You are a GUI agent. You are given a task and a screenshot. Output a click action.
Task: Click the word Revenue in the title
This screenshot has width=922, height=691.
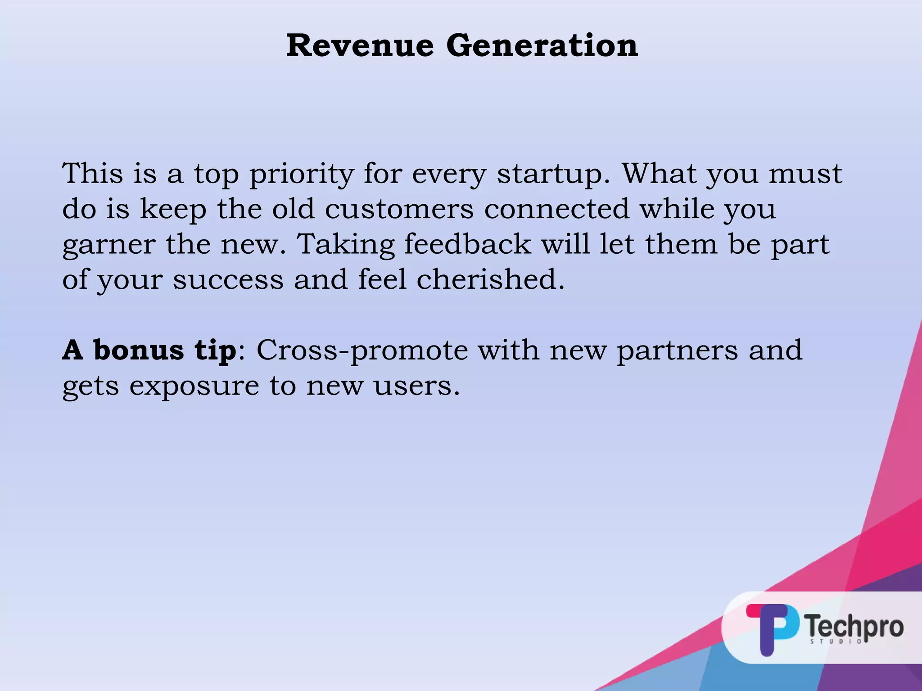[x=360, y=46]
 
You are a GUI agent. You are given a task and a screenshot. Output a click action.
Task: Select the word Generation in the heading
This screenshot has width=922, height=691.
[x=542, y=46]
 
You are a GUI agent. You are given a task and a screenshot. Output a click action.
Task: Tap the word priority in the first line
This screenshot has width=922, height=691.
[x=302, y=175]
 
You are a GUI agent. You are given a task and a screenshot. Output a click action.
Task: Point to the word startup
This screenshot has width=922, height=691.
[x=553, y=175]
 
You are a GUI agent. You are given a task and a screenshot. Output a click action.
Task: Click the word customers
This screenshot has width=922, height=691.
[x=399, y=209]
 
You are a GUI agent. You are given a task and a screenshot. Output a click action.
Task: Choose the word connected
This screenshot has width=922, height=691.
[x=556, y=209]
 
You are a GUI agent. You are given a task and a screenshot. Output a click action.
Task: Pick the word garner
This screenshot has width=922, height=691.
[x=108, y=246]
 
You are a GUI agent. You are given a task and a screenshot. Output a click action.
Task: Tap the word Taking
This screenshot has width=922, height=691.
[x=345, y=245]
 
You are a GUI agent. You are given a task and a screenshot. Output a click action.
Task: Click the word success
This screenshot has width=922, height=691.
[x=228, y=280]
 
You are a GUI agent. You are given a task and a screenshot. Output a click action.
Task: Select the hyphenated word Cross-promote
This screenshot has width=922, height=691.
[x=362, y=351]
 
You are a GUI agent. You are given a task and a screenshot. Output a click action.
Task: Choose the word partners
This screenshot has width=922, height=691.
[x=678, y=351]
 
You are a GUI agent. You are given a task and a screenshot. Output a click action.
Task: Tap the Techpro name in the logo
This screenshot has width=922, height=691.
[x=854, y=626]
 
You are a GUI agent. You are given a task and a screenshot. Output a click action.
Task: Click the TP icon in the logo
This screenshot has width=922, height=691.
[x=773, y=628]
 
